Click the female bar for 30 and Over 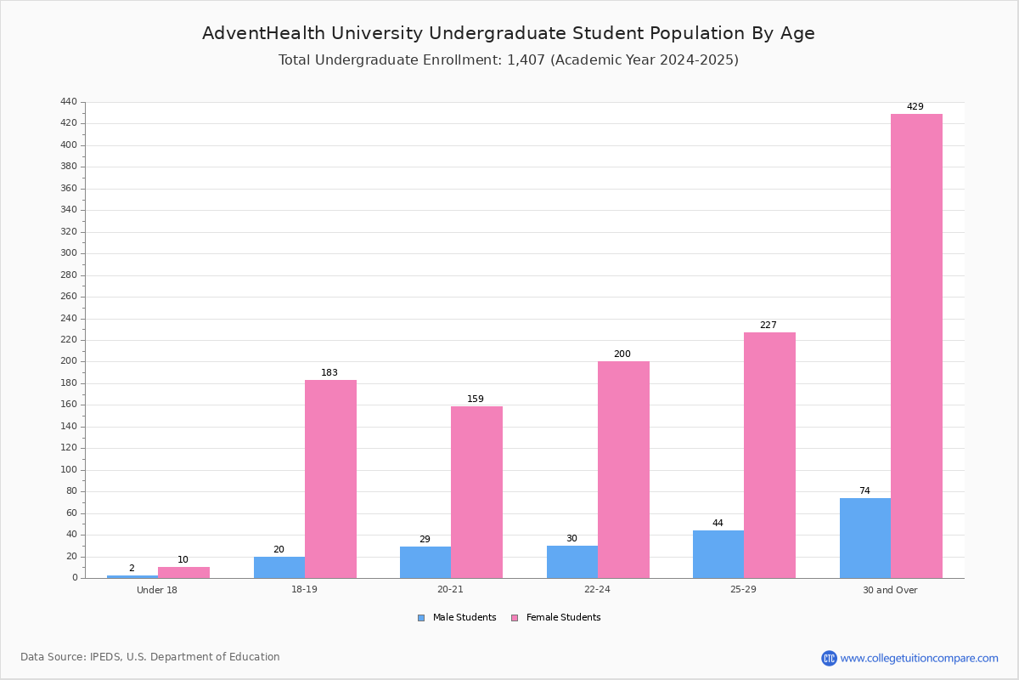916,346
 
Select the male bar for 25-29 718,554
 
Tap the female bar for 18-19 330,479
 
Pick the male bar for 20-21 425,562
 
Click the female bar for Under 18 183,572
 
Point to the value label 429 915,107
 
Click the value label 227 768,326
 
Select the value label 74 864,491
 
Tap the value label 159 476,399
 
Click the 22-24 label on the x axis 597,590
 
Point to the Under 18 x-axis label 157,590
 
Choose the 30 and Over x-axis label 890,590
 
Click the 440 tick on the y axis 69,102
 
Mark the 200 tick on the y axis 69,361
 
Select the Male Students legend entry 464,618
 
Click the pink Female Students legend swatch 514,618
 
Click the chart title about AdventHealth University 509,33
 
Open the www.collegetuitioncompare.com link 919,658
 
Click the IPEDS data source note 150,657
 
